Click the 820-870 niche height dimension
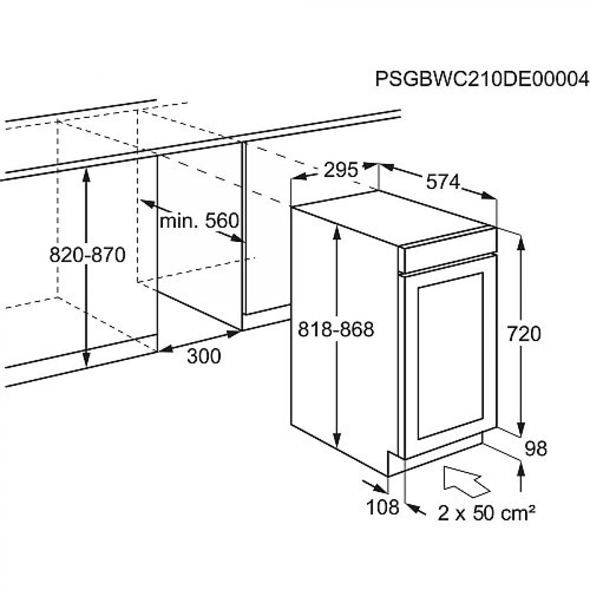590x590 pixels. pyautogui.click(x=88, y=255)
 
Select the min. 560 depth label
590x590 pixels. pyautogui.click(x=199, y=220)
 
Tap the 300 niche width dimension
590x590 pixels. pyautogui.click(x=204, y=356)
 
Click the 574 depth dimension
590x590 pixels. pyautogui.click(x=443, y=181)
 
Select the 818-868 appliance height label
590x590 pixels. pyautogui.click(x=336, y=329)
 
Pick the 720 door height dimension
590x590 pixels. pyautogui.click(x=524, y=334)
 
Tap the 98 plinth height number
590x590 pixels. pyautogui.click(x=536, y=449)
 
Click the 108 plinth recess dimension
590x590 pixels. pyautogui.click(x=383, y=507)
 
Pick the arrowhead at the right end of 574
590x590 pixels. pyautogui.click(x=488, y=195)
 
